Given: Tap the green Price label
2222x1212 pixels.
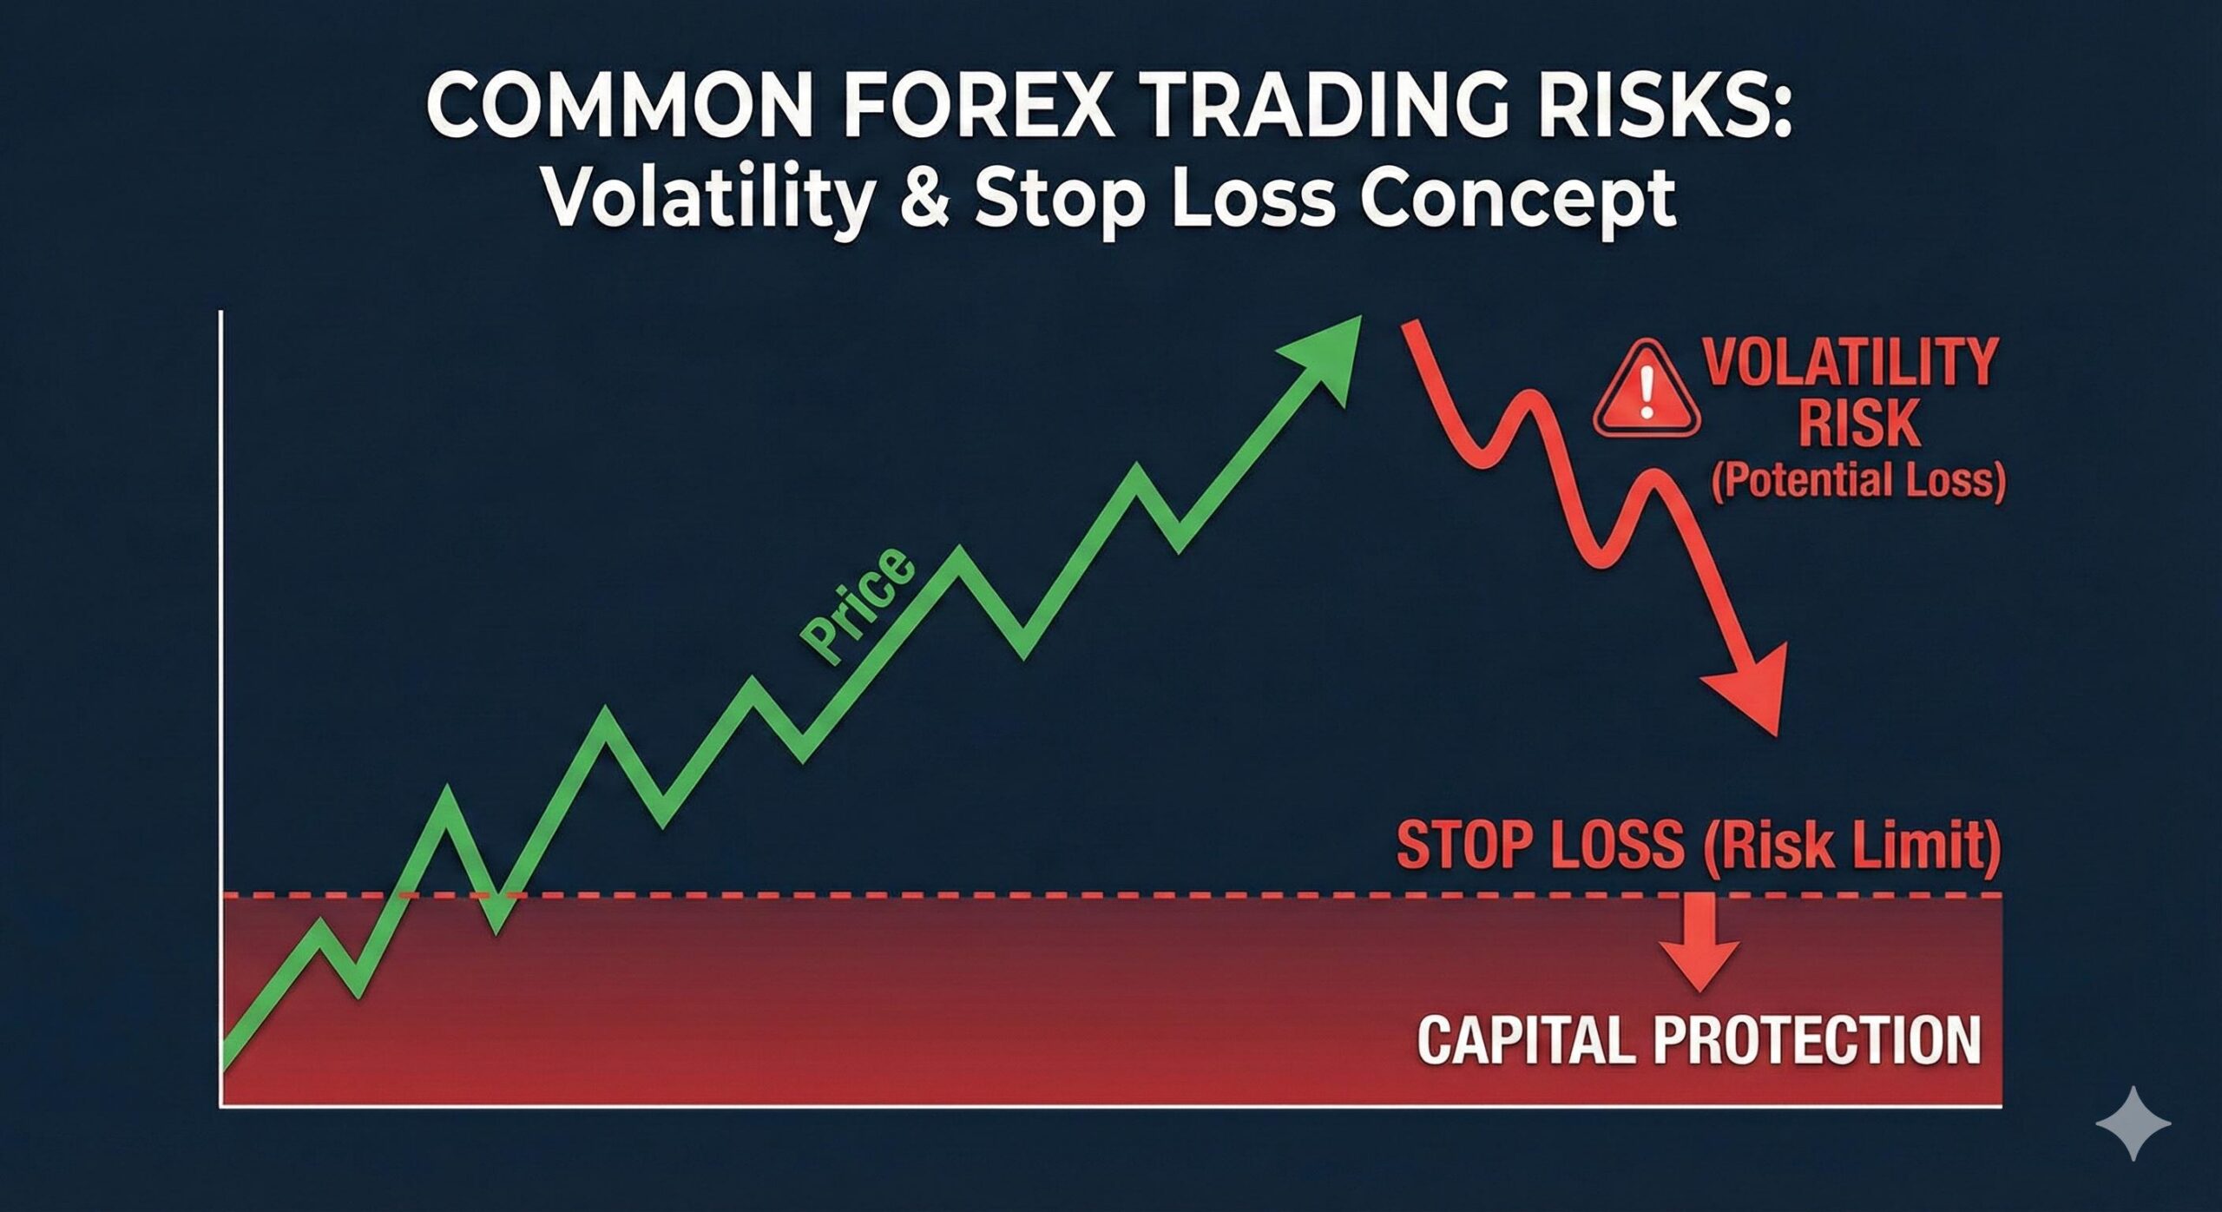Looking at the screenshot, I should (x=856, y=607).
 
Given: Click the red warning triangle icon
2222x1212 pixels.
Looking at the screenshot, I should (x=1647, y=392).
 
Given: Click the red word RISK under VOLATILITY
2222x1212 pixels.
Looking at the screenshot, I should (x=1858, y=424).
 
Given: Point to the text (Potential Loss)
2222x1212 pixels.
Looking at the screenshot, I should (x=1858, y=480).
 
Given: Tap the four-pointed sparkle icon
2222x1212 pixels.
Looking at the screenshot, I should (x=2133, y=1122).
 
